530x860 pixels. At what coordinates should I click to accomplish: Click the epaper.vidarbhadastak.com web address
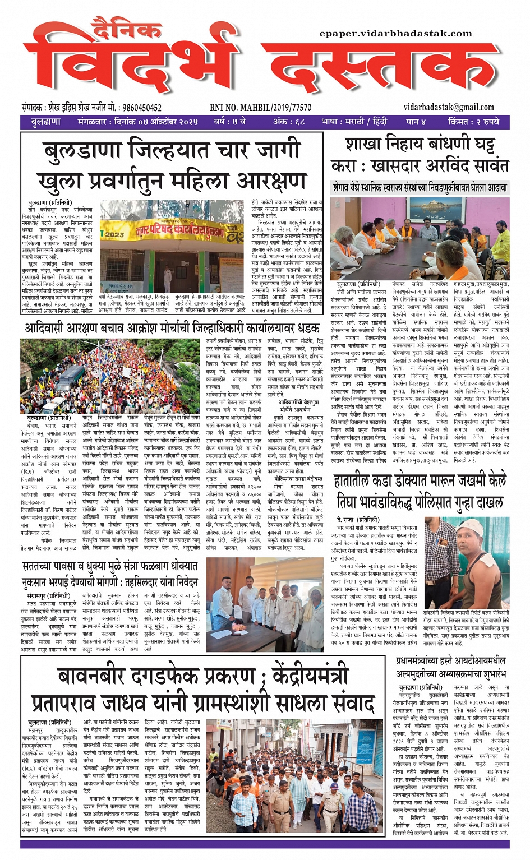(396, 34)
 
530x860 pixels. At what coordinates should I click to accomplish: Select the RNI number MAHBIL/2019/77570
(260, 108)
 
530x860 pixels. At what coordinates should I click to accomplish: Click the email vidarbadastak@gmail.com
(449, 107)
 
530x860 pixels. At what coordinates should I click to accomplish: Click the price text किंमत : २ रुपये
(473, 122)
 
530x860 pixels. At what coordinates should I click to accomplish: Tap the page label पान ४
(416, 122)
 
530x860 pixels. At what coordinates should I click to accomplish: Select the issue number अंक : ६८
(289, 122)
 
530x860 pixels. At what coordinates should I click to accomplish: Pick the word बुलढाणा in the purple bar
(45, 122)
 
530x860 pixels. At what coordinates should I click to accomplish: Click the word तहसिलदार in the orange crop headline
(146, 581)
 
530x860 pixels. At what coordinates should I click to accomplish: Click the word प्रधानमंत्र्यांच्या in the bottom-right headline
(427, 660)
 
